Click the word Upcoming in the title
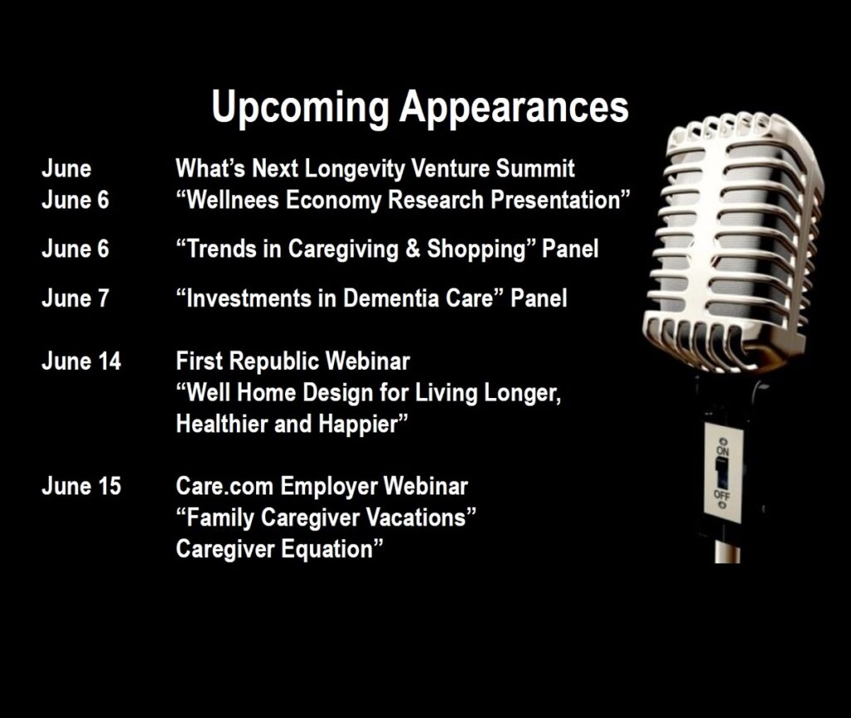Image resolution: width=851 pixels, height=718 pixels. coord(300,107)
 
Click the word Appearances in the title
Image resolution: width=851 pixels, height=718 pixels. coord(514,107)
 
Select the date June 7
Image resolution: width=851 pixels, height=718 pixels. coord(75,298)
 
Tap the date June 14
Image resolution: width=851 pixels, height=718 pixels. coord(81,361)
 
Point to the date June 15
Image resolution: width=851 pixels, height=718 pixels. coord(81,486)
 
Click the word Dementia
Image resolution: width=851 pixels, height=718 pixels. coord(391,298)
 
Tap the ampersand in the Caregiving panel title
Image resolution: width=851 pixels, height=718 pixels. coord(412,249)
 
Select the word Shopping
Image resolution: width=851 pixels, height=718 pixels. coord(476,250)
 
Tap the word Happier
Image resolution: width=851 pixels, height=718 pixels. coord(358,425)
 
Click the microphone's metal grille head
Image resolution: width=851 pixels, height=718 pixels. coord(734,243)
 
